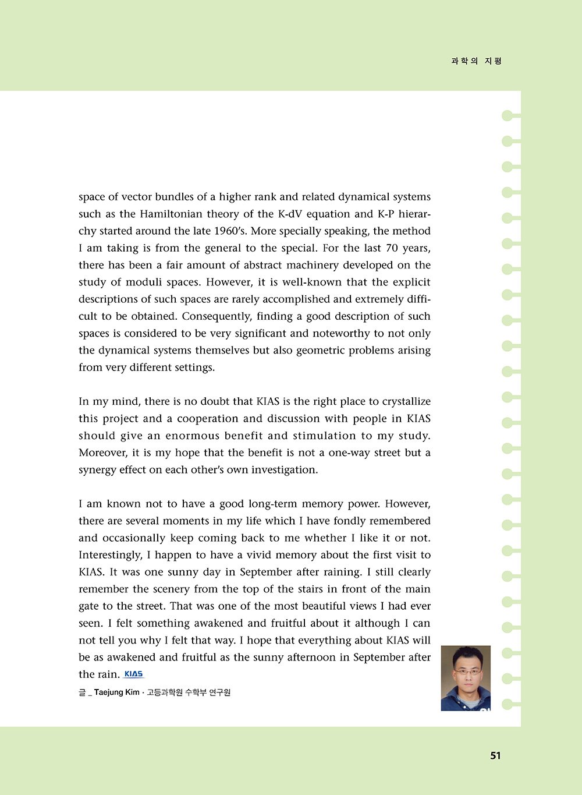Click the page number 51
495,755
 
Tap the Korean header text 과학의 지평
476,61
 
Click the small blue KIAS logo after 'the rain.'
134,674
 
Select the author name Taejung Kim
117,692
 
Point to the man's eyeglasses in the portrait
467,672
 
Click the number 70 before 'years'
392,248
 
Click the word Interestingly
111,555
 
